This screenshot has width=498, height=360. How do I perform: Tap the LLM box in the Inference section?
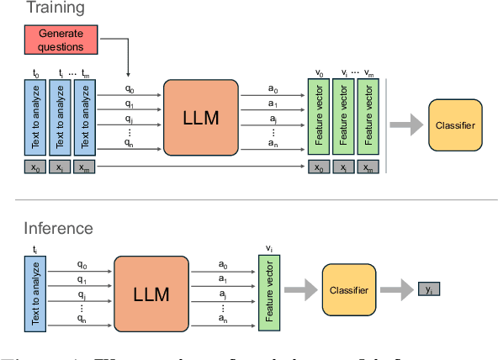(151, 294)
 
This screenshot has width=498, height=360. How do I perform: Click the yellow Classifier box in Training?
(457, 125)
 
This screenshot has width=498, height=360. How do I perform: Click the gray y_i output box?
(429, 290)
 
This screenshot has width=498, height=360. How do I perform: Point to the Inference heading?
(58, 228)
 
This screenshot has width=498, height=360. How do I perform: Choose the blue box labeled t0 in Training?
(35, 118)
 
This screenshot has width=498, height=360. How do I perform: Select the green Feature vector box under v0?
(318, 118)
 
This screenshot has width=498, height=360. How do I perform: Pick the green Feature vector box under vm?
(367, 118)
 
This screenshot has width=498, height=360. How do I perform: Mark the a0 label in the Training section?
(272, 87)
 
